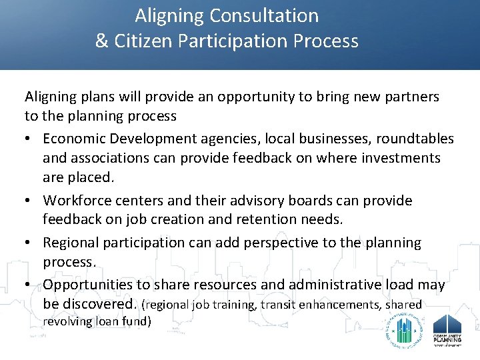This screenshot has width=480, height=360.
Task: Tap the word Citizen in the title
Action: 146,41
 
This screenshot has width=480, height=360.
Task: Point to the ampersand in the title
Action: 101,41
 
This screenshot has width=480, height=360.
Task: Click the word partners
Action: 410,97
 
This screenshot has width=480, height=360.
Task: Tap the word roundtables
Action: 415,139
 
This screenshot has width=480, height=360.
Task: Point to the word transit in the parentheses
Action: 278,305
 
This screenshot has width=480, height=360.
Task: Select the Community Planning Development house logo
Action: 447,329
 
